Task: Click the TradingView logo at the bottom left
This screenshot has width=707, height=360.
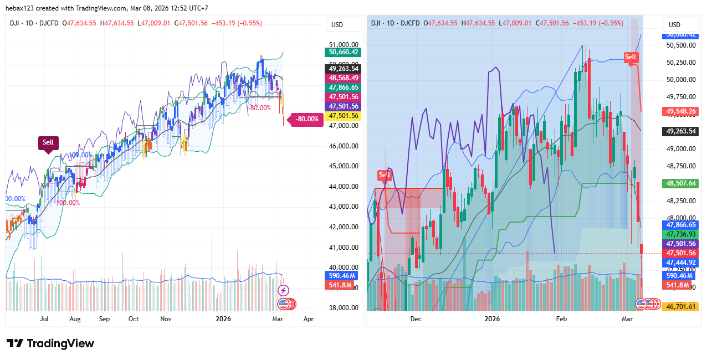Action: (x=50, y=343)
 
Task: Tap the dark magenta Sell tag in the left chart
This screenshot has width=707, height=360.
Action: (x=48, y=142)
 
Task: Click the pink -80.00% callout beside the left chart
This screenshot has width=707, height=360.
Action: (x=307, y=119)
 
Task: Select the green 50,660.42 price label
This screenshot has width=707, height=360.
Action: (x=344, y=52)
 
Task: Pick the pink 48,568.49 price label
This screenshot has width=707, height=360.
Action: (x=344, y=78)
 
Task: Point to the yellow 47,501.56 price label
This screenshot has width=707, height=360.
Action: (x=344, y=116)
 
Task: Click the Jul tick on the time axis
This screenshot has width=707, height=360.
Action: (x=44, y=319)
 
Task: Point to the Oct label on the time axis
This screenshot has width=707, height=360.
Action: (x=134, y=319)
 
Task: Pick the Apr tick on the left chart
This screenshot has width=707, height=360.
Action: (x=309, y=319)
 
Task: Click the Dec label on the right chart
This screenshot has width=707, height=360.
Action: (x=416, y=319)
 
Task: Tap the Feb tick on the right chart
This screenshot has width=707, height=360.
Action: (x=561, y=319)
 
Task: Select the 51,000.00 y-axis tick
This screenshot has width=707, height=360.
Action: (x=344, y=44)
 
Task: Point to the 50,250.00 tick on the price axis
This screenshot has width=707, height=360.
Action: (x=681, y=62)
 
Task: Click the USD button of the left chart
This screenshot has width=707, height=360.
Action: (x=337, y=24)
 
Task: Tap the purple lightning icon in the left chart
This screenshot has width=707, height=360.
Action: (x=283, y=290)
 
